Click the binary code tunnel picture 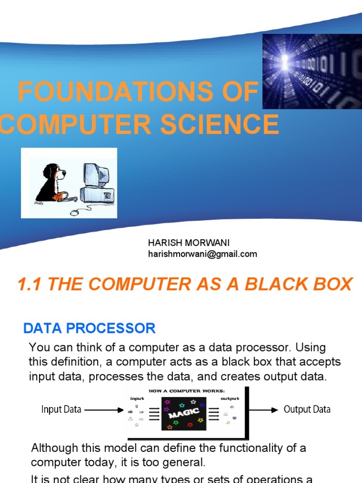312,71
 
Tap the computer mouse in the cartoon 74,212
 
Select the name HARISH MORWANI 189,243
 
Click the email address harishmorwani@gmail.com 203,254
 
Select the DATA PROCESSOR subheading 90,328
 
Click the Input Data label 61,409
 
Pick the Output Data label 307,409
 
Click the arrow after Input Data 103,410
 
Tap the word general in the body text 186,462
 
